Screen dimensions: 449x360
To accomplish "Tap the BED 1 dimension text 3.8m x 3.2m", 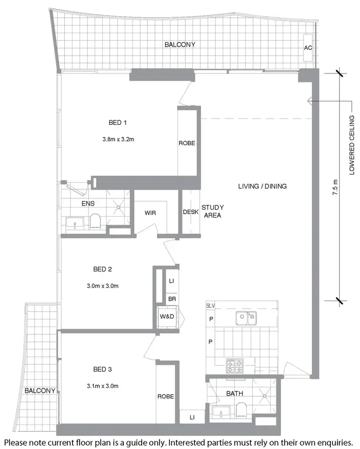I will [118, 140].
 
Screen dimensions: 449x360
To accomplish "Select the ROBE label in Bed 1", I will [187, 143].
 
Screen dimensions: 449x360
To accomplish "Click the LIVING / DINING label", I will [262, 186].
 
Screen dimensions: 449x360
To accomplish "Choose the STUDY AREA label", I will [212, 211].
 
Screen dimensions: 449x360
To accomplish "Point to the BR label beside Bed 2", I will [171, 298].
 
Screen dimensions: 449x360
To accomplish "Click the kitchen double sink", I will [245, 317].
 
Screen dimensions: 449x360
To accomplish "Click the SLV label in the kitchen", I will [211, 305].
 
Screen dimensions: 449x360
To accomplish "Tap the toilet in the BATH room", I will [242, 410].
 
